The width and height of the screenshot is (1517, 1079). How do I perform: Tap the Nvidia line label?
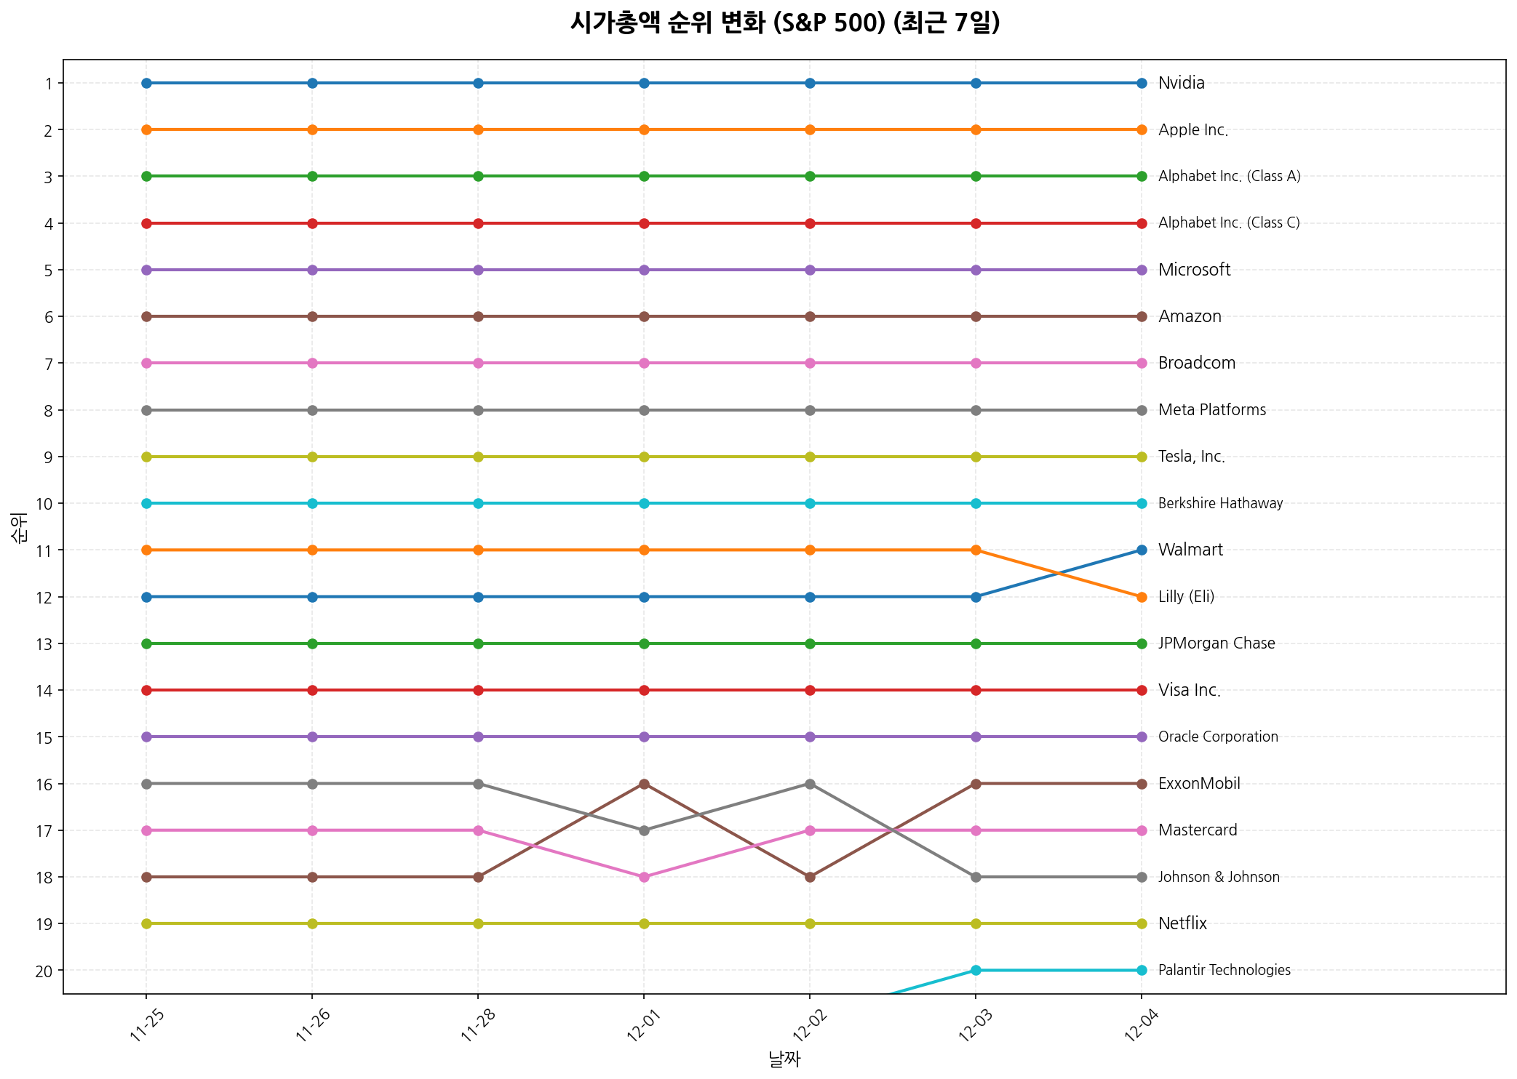pos(1181,83)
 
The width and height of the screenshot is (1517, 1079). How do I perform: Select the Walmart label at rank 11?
pos(1190,550)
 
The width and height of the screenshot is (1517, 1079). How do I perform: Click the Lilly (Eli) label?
pos(1186,597)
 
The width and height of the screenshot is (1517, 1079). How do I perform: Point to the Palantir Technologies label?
pos(1224,970)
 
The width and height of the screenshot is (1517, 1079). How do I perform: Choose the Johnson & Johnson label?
pos(1219,877)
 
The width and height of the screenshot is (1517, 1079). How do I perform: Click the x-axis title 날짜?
pos(784,1059)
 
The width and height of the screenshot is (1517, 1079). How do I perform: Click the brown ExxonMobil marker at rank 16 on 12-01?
pos(644,784)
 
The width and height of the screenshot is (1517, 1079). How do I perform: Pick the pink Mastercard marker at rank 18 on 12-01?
pos(644,877)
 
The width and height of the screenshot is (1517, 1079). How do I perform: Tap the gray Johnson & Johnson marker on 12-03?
pos(976,877)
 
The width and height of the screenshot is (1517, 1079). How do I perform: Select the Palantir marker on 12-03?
pos(976,970)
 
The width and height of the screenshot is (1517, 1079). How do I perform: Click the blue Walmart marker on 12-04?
pos(1142,550)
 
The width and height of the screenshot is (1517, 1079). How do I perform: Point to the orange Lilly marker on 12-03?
pos(976,550)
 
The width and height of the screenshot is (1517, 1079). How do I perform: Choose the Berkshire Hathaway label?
pos(1220,503)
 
